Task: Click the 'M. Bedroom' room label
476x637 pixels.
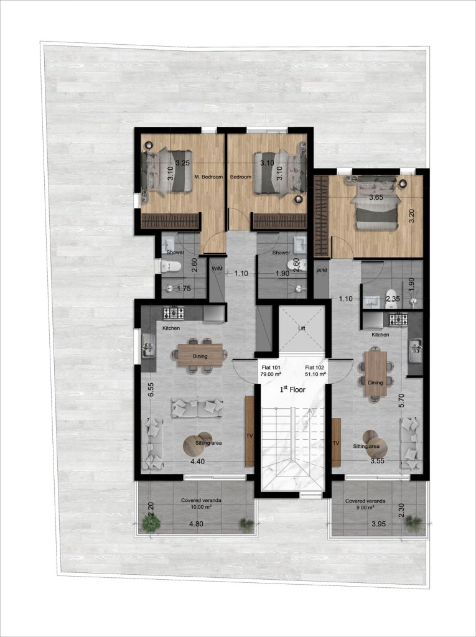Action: tap(208, 177)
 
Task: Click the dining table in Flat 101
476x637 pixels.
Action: tap(201, 355)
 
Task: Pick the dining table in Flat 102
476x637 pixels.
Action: tap(375, 373)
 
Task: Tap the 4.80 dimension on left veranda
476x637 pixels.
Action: tap(196, 524)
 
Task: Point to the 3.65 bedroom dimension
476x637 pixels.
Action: tap(375, 197)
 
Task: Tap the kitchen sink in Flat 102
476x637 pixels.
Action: tap(415, 348)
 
